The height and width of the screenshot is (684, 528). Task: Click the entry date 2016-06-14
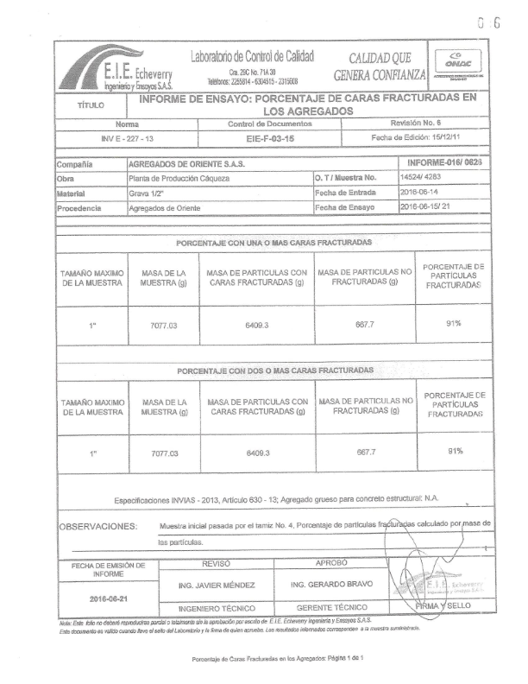(424, 193)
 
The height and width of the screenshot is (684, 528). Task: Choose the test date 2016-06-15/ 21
(431, 207)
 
